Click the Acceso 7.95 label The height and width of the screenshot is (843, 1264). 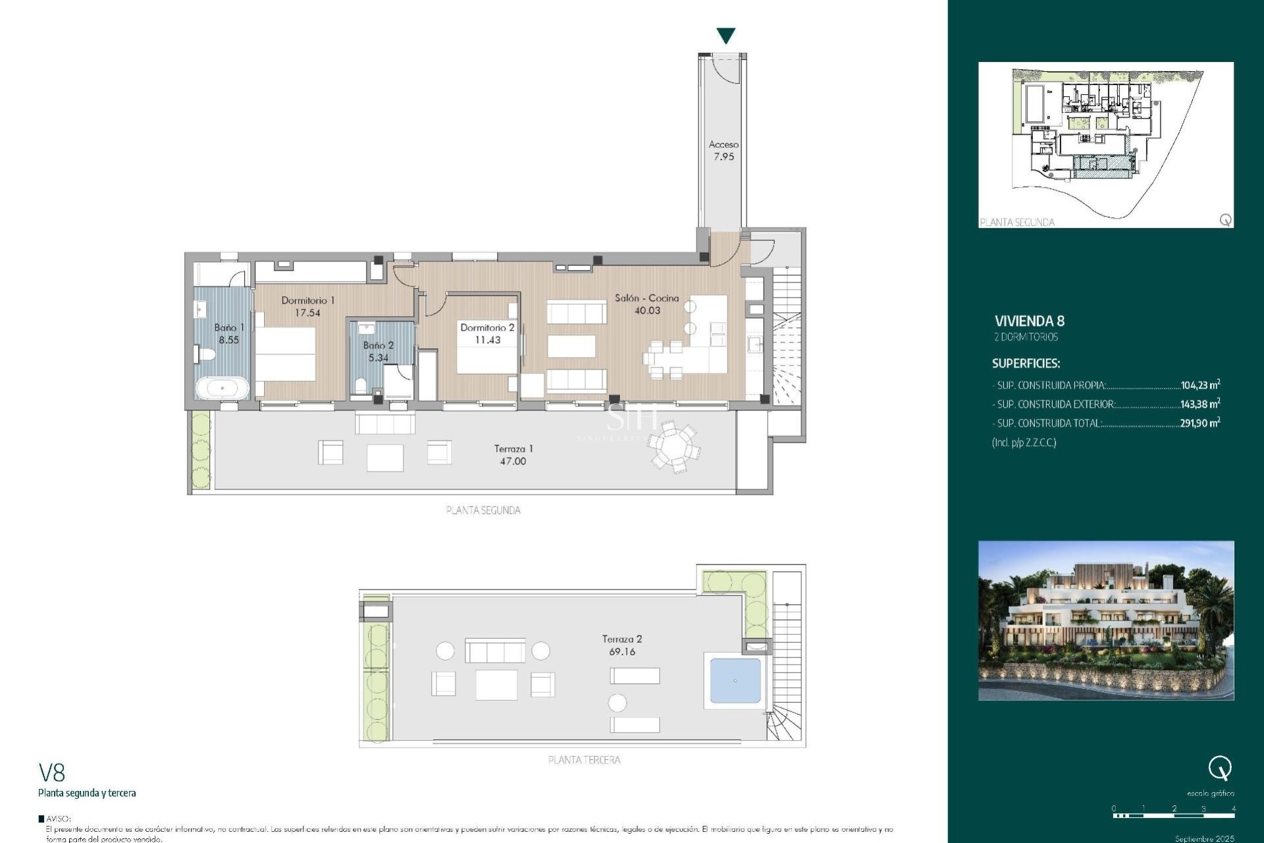724,151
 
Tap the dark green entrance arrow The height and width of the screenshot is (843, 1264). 725,36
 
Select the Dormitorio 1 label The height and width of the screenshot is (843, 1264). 307,306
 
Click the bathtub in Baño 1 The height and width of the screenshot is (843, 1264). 223,388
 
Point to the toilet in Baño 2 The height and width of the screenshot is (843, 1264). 360,385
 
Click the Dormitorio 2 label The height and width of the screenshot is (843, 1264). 487,333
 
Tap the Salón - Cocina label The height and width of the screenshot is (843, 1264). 646,304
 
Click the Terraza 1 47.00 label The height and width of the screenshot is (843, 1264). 513,454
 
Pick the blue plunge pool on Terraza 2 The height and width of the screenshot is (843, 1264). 735,680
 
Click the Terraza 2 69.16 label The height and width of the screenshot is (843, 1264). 621,645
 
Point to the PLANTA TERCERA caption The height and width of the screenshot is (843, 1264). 584,759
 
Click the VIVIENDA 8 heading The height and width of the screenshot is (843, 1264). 1029,321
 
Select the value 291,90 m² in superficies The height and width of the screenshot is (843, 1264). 1199,423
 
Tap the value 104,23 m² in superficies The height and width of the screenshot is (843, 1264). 1199,385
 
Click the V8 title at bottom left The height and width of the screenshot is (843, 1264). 51,772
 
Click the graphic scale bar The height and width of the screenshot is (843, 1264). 1173,815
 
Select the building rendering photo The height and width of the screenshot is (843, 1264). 1105,620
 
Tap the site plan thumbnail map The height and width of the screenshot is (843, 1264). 1105,144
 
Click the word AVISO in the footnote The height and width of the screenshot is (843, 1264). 58,819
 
